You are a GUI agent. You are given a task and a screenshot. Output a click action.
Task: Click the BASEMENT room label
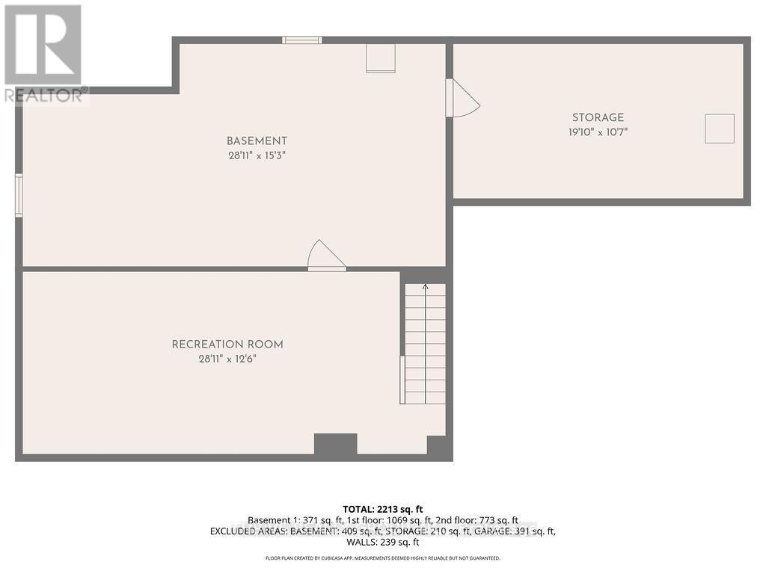(x=257, y=141)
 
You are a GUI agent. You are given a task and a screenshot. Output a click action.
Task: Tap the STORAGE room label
(x=598, y=117)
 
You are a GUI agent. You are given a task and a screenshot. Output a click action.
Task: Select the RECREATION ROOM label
(x=227, y=345)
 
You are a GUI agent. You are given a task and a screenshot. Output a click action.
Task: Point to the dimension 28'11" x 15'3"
(x=257, y=155)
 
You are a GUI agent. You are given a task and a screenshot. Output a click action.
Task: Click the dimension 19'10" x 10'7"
(x=598, y=132)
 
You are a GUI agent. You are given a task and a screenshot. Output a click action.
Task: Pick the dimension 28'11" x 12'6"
(x=227, y=359)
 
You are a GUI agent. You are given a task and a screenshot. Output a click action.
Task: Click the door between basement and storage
(x=459, y=99)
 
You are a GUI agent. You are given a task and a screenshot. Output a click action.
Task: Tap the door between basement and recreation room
(x=325, y=256)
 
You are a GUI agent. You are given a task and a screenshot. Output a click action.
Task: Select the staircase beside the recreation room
(x=425, y=344)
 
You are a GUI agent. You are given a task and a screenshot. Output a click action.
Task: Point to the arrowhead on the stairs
(x=425, y=286)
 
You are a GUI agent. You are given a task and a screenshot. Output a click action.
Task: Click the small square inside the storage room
(x=720, y=129)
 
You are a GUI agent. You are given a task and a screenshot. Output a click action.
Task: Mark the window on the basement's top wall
(x=302, y=40)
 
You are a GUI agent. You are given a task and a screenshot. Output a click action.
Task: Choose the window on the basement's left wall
(x=19, y=195)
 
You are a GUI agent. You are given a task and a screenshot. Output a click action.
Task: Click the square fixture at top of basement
(x=380, y=58)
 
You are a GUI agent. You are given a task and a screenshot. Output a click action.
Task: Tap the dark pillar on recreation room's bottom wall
(x=335, y=445)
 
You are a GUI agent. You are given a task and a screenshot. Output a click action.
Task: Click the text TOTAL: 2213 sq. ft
(x=382, y=509)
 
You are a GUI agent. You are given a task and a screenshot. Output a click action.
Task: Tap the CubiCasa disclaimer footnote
(x=382, y=558)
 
